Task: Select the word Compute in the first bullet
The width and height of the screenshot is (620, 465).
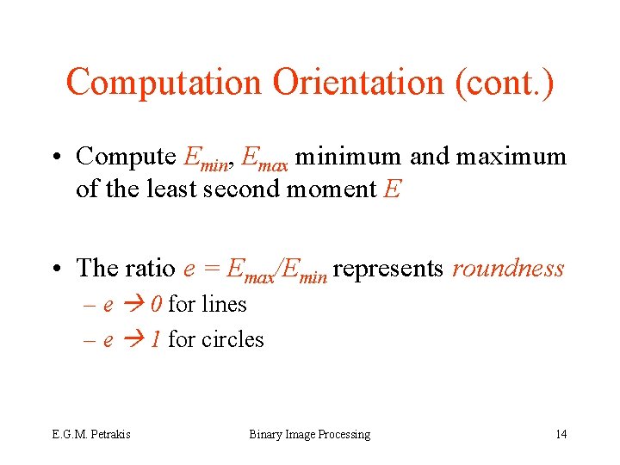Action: pos(126,157)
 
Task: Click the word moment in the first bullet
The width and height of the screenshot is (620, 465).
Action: pos(331,189)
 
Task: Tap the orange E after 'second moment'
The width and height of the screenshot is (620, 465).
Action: pos(392,189)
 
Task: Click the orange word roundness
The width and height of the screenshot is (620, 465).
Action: pos(508,269)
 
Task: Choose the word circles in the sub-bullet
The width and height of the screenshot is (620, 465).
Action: pos(232,340)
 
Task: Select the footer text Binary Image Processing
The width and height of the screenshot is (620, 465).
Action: pos(309,434)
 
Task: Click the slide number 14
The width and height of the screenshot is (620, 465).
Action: pos(561,434)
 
